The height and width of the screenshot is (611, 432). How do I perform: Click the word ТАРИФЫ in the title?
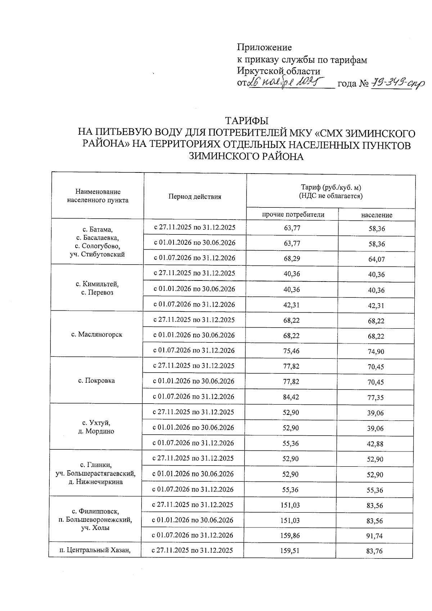pyautogui.click(x=247, y=120)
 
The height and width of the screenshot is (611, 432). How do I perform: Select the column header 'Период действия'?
pyautogui.click(x=194, y=197)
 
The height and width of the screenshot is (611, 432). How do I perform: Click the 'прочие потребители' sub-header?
pyautogui.click(x=293, y=215)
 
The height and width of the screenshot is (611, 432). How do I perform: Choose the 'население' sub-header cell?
pyautogui.click(x=377, y=215)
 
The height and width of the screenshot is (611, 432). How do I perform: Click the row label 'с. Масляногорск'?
pyautogui.click(x=97, y=334)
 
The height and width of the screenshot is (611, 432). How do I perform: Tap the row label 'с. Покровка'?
pyautogui.click(x=96, y=381)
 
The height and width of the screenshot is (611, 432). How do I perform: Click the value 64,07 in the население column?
pyautogui.click(x=377, y=259)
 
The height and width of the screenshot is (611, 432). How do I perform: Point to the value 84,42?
pyautogui.click(x=291, y=397)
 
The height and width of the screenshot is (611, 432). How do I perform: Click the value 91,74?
pyautogui.click(x=375, y=536)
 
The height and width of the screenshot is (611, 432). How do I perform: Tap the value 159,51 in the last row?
pyautogui.click(x=290, y=551)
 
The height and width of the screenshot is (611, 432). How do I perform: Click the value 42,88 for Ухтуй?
pyautogui.click(x=375, y=444)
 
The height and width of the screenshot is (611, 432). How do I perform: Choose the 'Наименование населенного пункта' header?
pyautogui.click(x=98, y=196)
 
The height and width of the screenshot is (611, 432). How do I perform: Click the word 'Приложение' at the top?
pyautogui.click(x=264, y=47)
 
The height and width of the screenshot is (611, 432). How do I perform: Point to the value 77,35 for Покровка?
pyautogui.click(x=376, y=397)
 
